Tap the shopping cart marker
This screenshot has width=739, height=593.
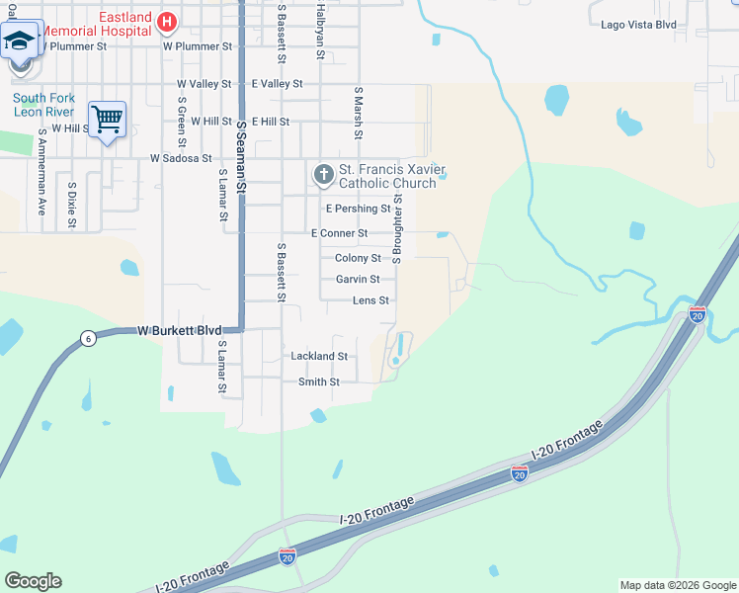click(x=107, y=120)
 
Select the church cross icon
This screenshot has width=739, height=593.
click(x=322, y=175)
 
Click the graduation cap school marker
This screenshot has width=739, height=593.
click(x=19, y=42)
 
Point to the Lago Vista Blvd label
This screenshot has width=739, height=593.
click(x=638, y=24)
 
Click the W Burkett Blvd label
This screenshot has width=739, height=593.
click(x=179, y=330)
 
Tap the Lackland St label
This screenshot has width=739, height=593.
click(x=318, y=356)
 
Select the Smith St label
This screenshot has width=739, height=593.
click(x=318, y=381)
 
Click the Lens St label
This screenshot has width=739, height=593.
click(x=370, y=300)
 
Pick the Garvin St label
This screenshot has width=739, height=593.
click(x=358, y=280)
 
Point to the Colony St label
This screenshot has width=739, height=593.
click(x=358, y=258)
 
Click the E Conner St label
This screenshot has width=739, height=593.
click(x=339, y=233)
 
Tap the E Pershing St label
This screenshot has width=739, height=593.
click(x=358, y=209)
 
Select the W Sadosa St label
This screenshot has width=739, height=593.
click(x=181, y=158)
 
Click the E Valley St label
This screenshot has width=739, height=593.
click(x=277, y=84)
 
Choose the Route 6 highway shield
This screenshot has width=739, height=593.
click(x=88, y=338)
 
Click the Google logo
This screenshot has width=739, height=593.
click(x=33, y=581)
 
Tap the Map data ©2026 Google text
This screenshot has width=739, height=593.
click(x=677, y=585)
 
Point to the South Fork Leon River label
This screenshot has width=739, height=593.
click(x=43, y=105)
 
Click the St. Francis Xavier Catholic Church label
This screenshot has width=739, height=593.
click(x=386, y=176)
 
